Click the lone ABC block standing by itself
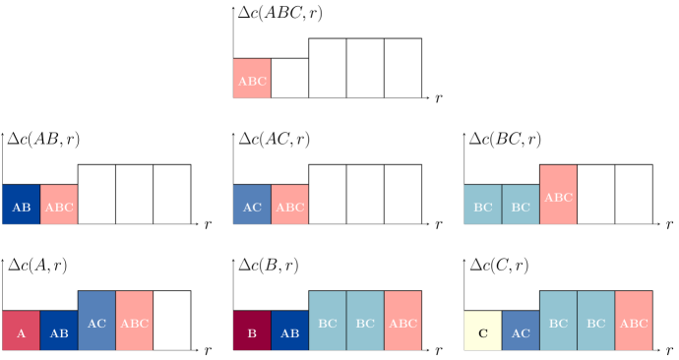coord(251,79)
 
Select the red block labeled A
coord(21,330)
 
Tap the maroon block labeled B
coord(251,330)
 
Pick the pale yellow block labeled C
coord(482,330)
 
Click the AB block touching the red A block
coord(59,330)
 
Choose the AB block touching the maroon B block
coord(289,330)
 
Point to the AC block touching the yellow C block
coord(521,330)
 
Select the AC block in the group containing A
coord(96,321)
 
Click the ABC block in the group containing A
coord(134,321)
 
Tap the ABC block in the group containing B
coord(402,321)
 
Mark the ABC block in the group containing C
coord(634,321)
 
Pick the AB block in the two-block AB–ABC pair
coord(21,205)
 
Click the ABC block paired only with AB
coord(59,205)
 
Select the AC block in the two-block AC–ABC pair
coord(251,205)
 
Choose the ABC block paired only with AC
coord(289,205)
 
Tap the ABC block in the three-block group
coord(558,195)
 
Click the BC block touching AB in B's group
coord(328,321)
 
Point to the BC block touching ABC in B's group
coord(365,321)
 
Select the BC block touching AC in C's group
coord(558,321)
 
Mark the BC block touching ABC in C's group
coord(595,321)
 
